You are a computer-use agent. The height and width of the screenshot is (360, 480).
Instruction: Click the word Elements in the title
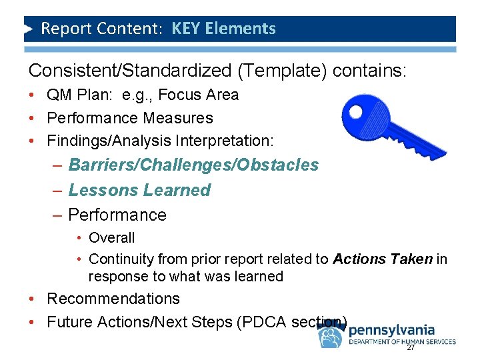point(243,29)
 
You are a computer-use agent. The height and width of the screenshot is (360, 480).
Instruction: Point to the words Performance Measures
point(130,118)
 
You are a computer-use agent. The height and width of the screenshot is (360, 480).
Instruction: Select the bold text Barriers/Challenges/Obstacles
point(193,165)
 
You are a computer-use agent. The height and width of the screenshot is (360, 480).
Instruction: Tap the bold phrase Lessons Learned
point(139,190)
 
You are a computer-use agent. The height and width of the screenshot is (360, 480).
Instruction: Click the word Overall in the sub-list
point(111,237)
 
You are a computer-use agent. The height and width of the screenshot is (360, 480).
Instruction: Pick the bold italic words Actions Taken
point(383,259)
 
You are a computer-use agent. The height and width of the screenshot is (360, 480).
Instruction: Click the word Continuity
point(120,259)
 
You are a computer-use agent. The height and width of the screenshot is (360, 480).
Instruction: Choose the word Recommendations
point(113,299)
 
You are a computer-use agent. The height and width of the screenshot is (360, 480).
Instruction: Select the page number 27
point(411,348)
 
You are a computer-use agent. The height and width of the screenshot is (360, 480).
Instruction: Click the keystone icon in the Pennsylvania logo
point(331,337)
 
